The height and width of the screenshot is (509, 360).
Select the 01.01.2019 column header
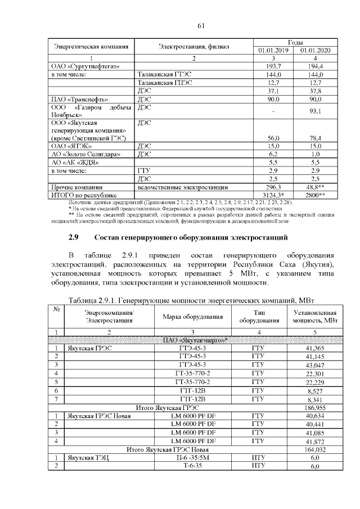pyautogui.click(x=273, y=50)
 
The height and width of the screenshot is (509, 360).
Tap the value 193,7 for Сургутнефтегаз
pyautogui.click(x=273, y=66)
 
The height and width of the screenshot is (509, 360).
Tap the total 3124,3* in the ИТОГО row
pyautogui.click(x=273, y=195)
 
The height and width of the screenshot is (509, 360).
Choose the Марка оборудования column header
pyautogui.click(x=193, y=316)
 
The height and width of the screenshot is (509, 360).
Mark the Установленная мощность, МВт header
pyautogui.click(x=315, y=316)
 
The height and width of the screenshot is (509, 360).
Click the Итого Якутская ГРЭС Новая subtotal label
pyautogui.click(x=167, y=449)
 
